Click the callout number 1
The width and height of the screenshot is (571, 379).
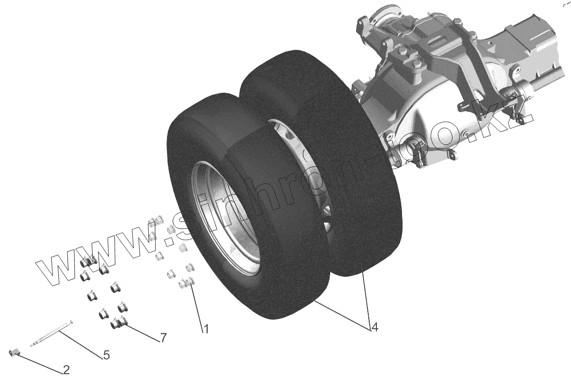click(206, 329)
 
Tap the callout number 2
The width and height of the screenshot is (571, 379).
click(66, 369)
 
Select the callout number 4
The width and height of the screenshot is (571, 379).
click(374, 327)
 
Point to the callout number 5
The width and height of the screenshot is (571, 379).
click(106, 354)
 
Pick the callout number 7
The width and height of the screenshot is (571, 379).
click(163, 338)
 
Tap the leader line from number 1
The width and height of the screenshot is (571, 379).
click(197, 305)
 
